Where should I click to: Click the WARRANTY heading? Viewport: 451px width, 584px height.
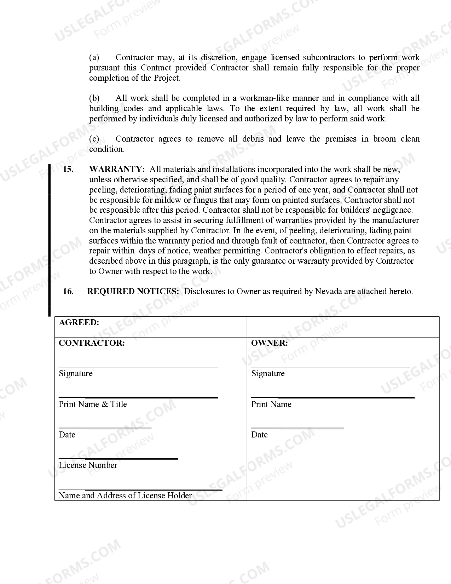coord(117,169)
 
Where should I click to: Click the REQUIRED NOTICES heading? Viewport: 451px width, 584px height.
coord(133,291)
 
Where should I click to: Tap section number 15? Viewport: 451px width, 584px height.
coord(68,169)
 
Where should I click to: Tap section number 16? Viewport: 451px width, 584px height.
coord(68,291)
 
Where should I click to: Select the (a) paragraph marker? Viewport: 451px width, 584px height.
coord(94,57)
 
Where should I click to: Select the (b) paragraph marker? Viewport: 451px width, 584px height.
coord(94,98)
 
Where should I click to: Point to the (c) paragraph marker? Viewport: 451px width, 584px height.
coord(94,139)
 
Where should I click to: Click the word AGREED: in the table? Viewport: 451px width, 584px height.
coord(79,322)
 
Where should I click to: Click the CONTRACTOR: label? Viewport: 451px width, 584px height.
coord(92,343)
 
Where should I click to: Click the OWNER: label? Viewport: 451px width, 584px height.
coord(269,343)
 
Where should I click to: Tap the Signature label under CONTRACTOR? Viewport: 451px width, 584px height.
coord(75,373)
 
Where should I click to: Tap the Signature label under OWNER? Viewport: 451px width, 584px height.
coord(268,373)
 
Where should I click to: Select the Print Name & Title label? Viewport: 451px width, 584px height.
coord(93,404)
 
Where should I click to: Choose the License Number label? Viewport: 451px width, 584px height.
coord(88,465)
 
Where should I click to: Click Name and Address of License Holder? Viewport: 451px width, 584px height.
coord(125,496)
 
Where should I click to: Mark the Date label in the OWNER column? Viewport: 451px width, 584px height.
coord(259,435)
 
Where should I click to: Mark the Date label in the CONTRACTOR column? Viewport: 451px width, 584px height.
coord(67,435)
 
